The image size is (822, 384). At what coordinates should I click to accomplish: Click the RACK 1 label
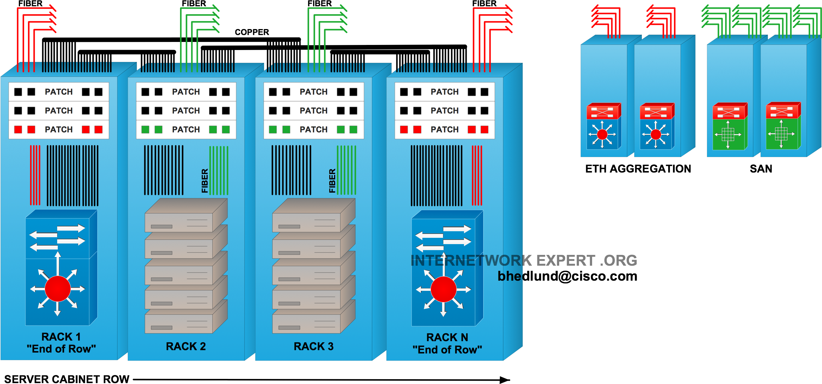coord(61,337)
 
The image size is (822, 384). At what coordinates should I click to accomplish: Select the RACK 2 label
coord(186,347)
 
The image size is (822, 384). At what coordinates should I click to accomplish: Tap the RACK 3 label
coord(313,347)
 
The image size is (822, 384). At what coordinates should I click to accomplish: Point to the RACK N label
coord(447,338)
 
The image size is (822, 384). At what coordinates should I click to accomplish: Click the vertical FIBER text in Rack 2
coord(205,181)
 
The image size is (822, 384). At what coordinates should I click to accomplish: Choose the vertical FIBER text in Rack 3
coord(332,181)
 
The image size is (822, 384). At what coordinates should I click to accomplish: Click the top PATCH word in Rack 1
coord(59,92)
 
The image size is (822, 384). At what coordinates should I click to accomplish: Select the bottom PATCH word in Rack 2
coord(186,130)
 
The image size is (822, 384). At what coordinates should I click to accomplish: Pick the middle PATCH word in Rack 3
coord(314,111)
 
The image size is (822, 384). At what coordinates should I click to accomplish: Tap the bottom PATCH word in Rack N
coord(445,130)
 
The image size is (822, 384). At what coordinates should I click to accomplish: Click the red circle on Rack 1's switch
coord(58,289)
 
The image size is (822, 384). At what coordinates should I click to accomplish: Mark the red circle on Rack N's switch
coord(444,289)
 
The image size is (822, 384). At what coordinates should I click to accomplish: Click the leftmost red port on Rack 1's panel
coord(18,130)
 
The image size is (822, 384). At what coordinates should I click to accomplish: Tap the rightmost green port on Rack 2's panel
coord(226,130)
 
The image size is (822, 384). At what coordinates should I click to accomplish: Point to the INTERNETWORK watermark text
coord(466,261)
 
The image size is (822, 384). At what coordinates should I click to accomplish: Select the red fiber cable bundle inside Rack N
coord(477,176)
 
